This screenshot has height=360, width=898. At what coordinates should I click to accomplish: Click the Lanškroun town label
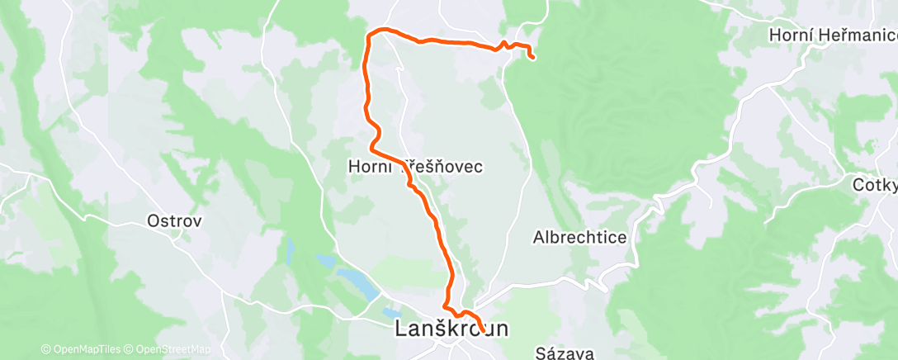(x=452, y=329)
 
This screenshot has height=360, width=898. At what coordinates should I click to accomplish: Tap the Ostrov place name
(x=174, y=221)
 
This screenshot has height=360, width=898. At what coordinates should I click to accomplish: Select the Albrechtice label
(x=580, y=238)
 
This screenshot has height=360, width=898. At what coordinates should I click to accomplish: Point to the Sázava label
(x=565, y=353)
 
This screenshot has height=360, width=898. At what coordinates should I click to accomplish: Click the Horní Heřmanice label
(x=833, y=36)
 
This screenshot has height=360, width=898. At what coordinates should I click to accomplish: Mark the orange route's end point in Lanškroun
(x=482, y=332)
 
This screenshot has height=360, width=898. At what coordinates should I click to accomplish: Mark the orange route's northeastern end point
(x=533, y=57)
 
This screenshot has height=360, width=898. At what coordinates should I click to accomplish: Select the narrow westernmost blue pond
(x=290, y=249)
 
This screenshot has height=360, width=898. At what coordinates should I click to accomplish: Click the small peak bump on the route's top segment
(x=503, y=42)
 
